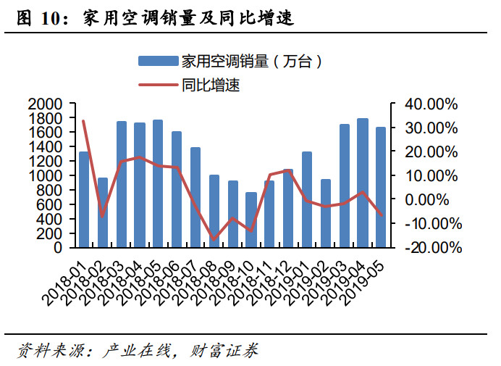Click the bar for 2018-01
coord(84,199)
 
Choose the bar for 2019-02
coord(326,213)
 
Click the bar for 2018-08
coord(214,211)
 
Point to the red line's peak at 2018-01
coord(83,121)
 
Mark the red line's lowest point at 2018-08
coord(214,239)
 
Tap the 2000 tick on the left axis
coord(48,104)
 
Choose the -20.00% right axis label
coord(433,247)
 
